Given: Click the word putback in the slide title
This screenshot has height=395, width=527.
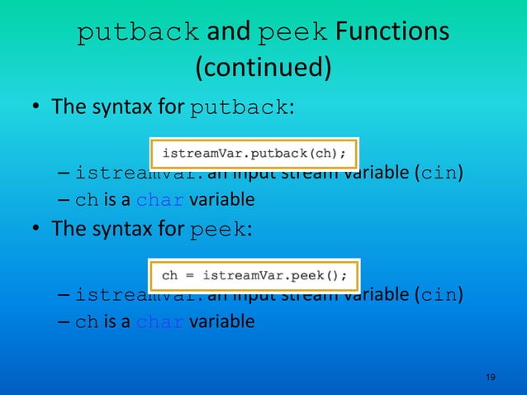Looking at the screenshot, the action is click(x=137, y=32).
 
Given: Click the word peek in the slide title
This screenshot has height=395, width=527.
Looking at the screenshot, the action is click(x=294, y=32).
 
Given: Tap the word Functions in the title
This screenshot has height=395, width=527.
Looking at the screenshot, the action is click(x=392, y=32).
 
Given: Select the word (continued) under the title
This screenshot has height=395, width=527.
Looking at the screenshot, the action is click(x=263, y=68).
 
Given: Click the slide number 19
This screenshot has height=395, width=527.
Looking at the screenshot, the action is click(x=491, y=377).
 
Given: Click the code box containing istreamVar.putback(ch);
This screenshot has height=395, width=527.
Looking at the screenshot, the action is click(x=254, y=153).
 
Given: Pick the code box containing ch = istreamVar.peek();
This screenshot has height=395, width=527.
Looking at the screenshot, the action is click(x=254, y=274).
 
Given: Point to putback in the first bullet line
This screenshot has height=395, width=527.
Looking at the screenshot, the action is click(x=239, y=108).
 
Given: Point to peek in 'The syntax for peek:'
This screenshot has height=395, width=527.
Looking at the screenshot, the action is click(x=217, y=230).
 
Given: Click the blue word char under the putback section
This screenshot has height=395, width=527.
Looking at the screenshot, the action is click(x=160, y=200).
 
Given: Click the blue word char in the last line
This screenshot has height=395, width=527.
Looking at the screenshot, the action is click(x=160, y=321).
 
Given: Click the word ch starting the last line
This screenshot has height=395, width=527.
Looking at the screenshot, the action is click(x=86, y=322).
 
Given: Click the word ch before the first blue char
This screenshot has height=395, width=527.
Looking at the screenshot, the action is click(x=86, y=201).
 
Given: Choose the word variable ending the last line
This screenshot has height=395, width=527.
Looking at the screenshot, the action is click(x=221, y=321).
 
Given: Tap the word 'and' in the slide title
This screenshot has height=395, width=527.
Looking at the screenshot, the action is click(x=228, y=32).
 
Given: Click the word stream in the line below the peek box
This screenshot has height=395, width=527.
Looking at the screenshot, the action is click(x=314, y=295).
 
